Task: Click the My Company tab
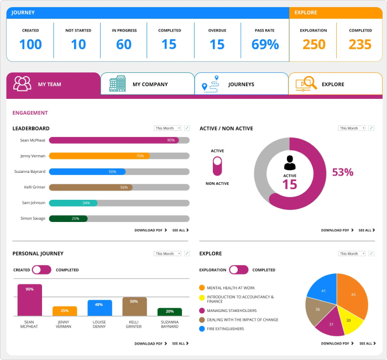147,84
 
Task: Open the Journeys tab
241,84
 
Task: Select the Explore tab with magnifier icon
335,84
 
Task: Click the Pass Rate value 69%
265,45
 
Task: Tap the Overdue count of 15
217,45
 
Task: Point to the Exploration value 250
313,45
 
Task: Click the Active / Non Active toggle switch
217,167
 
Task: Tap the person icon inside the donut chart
290,163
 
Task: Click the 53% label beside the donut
342,172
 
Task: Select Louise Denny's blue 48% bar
100,308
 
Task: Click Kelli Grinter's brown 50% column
134,306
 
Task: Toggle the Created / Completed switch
41,270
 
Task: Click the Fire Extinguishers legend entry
225,329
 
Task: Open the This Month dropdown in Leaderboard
168,128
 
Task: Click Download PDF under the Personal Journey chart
148,343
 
